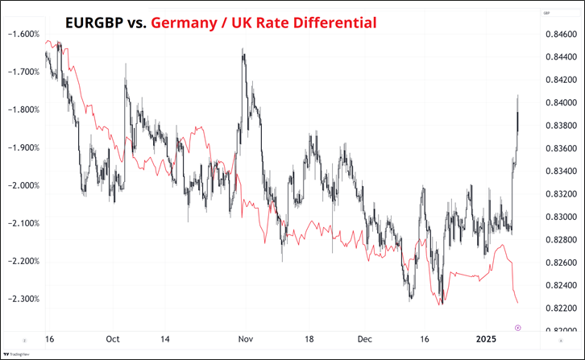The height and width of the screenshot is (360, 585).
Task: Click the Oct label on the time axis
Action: click(x=113, y=340)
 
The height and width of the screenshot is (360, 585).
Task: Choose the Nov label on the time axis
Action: click(x=247, y=340)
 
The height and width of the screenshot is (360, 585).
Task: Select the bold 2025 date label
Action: click(x=486, y=340)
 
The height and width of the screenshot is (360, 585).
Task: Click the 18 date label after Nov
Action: click(x=308, y=340)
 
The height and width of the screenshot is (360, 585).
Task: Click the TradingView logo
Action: click(x=15, y=353)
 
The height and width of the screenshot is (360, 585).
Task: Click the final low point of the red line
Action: click(x=517, y=303)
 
